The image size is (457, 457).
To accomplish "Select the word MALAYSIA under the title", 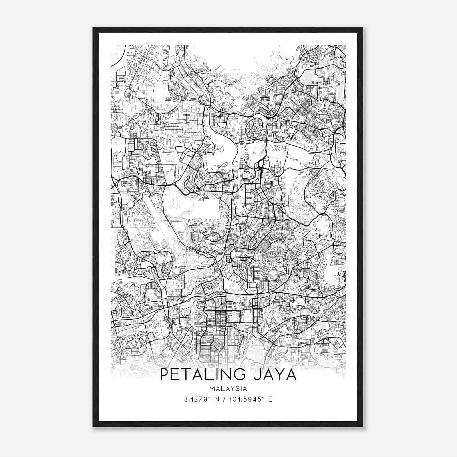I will [228, 389].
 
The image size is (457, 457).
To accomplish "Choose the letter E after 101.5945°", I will [270, 399].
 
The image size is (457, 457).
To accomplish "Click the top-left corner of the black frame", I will [93, 28].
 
